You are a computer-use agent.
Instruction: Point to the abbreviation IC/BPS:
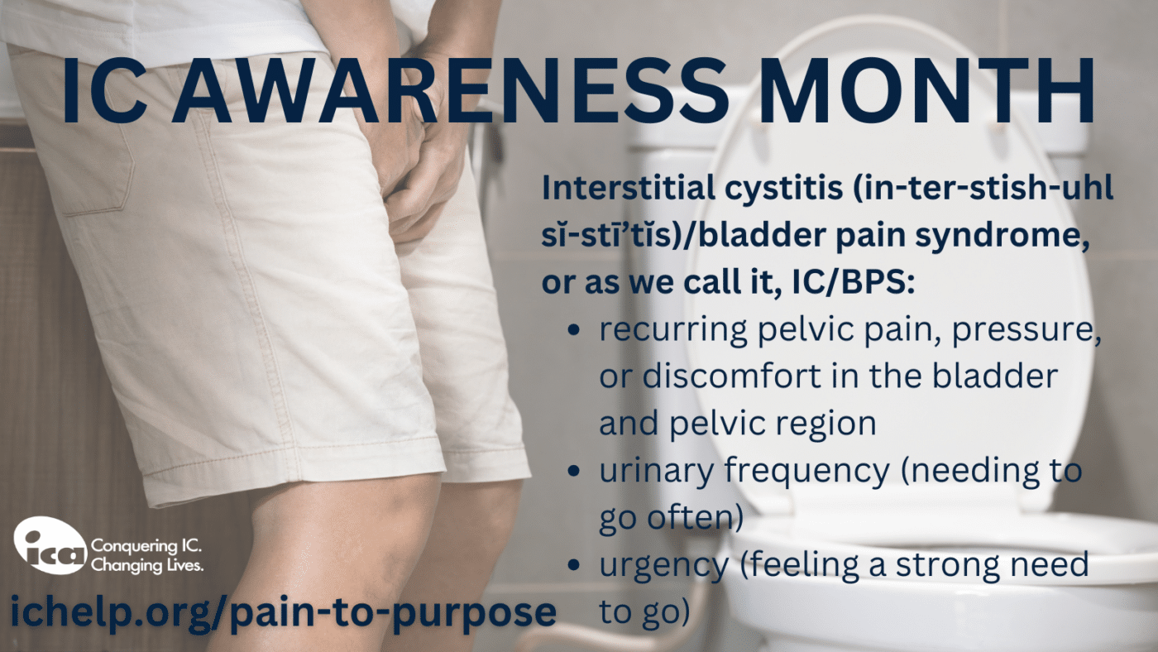853,283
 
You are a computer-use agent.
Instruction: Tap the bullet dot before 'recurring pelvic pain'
573,329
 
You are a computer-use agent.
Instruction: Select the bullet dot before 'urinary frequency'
573,471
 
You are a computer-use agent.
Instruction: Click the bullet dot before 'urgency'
573,564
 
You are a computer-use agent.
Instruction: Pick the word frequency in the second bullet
807,471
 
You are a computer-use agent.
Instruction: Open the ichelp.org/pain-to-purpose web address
283,611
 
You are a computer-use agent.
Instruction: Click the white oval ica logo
50,545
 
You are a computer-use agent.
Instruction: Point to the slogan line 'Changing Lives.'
147,565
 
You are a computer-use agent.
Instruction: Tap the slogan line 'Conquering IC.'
146,546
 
